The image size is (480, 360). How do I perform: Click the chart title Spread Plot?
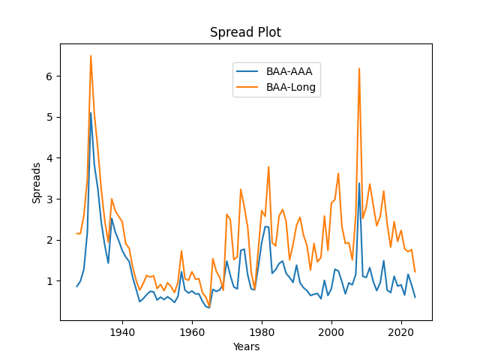(245, 32)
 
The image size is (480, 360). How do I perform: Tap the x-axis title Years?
(245, 346)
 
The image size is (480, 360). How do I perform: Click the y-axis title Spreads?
(37, 182)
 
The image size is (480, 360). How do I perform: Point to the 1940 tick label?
(122, 331)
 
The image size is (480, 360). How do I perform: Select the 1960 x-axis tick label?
(192, 331)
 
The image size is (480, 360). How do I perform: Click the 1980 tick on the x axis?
(262, 331)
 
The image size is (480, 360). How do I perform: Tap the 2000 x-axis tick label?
(331, 331)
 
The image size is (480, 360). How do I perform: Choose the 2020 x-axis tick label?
(401, 331)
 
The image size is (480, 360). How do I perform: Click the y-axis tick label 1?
(50, 281)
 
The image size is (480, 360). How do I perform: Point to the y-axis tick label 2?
(50, 240)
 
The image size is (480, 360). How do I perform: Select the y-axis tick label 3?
(50, 199)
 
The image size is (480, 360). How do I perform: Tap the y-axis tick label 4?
(50, 158)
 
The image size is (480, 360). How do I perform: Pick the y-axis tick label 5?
(50, 118)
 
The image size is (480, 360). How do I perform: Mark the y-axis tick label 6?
(50, 76)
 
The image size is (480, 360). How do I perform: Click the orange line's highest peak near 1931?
(91, 55)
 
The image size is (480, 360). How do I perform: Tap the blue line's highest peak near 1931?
(91, 112)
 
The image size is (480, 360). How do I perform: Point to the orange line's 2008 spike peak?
(359, 68)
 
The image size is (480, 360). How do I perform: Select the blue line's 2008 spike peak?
(359, 183)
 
